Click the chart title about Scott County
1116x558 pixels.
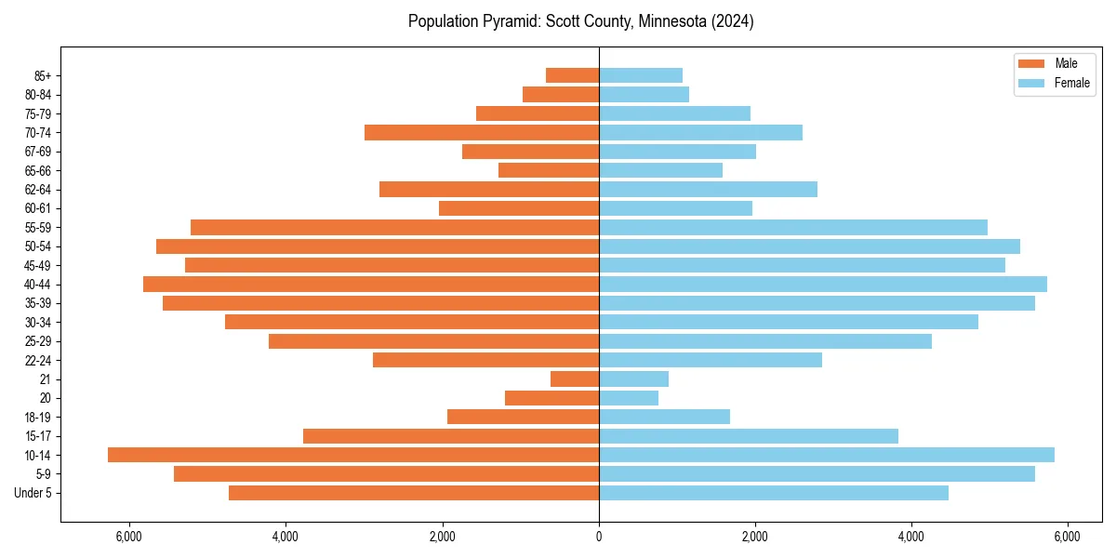coord(580,21)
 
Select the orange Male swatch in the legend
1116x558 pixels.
coord(1031,63)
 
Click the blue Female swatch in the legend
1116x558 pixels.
coord(1031,83)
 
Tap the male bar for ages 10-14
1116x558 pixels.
coord(353,455)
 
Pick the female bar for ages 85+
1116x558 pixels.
coord(641,75)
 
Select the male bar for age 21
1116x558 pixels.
coord(575,379)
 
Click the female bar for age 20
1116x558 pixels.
coord(629,398)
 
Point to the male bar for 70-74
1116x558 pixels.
coord(482,132)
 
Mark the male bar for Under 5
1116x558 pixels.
coord(414,493)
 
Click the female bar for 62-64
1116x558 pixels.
coord(708,189)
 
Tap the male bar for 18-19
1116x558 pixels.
coord(523,417)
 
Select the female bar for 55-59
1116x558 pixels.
coord(793,227)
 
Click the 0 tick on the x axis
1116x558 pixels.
coord(599,536)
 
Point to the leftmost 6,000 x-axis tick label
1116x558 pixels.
coord(129,536)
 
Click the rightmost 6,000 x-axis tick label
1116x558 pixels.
coord(1068,536)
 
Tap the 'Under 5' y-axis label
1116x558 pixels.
coord(33,493)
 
